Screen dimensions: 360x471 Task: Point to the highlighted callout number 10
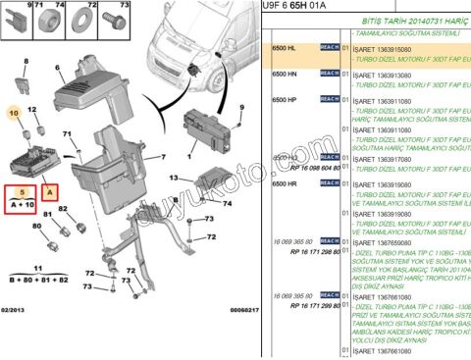coord(14,114)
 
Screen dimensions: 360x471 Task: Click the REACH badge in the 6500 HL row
coord(329,47)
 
